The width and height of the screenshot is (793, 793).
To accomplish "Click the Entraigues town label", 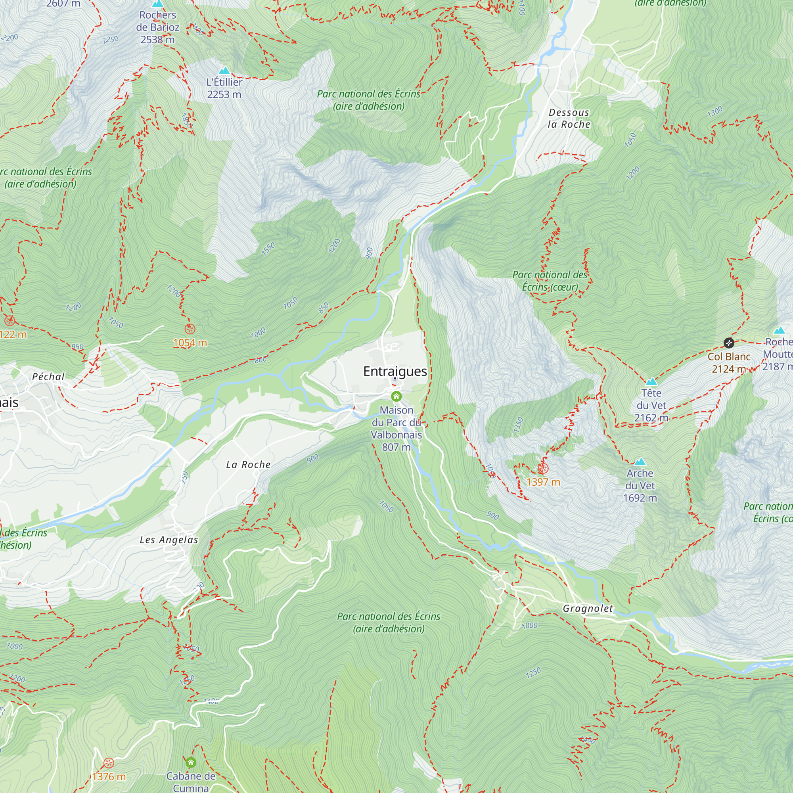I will (395, 372).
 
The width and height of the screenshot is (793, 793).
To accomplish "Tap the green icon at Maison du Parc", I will (396, 396).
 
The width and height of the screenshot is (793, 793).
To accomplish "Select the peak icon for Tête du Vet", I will (651, 381).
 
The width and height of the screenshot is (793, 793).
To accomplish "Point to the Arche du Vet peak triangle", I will (640, 462).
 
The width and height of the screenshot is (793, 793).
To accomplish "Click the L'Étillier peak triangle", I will (224, 71).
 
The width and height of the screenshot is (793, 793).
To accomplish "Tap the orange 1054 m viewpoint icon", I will (190, 329).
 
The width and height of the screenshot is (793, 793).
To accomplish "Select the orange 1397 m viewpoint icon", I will (543, 468).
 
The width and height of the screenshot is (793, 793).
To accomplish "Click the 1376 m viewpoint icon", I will (108, 763).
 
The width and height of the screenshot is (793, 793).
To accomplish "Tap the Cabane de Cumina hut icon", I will (190, 762).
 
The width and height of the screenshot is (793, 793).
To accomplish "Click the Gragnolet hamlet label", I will (588, 608).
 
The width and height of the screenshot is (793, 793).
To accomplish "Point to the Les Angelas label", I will (169, 540).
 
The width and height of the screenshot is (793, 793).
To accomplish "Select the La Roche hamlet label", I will (248, 465).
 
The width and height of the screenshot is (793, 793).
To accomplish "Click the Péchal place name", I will (48, 376).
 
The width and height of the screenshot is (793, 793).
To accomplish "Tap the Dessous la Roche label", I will (569, 118).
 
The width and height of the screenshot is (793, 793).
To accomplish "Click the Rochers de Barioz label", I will (158, 27).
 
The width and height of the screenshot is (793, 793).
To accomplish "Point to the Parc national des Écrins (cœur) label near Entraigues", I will (550, 281).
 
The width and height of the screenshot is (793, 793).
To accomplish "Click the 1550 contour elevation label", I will (268, 249).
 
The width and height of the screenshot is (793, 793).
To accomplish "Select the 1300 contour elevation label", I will (714, 112).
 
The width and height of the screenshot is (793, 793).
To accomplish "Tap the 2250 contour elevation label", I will (110, 40).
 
